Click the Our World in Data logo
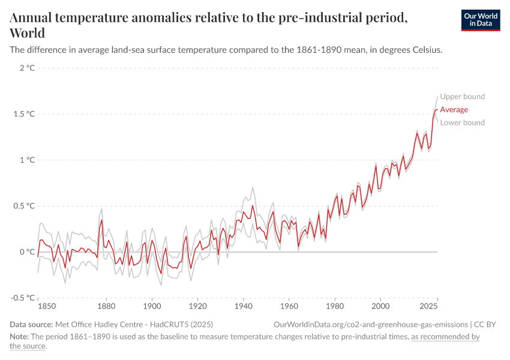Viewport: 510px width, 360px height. tap(480, 20)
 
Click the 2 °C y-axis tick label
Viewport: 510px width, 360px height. tap(27, 68)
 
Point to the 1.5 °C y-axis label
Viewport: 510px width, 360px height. tap(25, 114)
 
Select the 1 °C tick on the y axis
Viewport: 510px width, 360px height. tap(27, 160)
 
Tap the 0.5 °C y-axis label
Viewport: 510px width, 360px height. tap(25, 206)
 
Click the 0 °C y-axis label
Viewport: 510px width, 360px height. tap(27, 252)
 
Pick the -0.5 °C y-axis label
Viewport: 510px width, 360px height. tap(23, 298)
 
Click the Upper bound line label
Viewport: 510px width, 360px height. tap(462, 97)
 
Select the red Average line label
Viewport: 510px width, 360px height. tap(454, 110)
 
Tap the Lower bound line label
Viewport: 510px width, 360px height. tap(462, 123)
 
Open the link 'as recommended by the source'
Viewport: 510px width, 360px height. tap(445, 337)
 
